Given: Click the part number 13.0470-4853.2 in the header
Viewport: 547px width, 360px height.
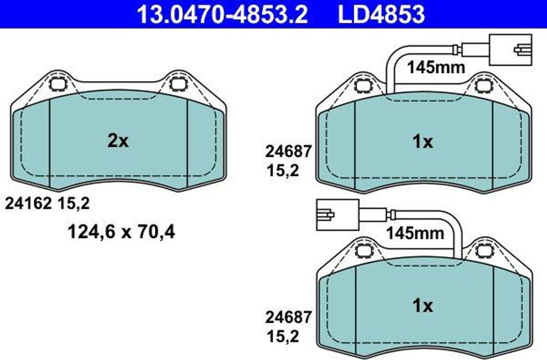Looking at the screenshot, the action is click(x=222, y=14).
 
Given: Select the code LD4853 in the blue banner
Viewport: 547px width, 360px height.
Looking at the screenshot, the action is click(x=381, y=14).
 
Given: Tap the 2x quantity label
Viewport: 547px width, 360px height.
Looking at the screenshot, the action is click(x=118, y=141).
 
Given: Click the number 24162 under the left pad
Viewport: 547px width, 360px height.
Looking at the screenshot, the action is click(x=28, y=204).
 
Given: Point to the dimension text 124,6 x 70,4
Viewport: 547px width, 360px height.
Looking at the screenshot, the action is click(x=121, y=232).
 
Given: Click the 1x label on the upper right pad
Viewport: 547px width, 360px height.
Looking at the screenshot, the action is click(x=423, y=142).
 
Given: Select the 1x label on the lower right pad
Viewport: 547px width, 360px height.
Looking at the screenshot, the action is click(x=423, y=306).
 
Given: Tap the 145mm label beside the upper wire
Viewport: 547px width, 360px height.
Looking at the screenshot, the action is click(x=436, y=67).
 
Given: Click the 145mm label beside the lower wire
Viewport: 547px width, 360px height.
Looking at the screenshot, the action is click(x=415, y=233).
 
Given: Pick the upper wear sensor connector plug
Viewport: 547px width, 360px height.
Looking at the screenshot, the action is click(x=511, y=50).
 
